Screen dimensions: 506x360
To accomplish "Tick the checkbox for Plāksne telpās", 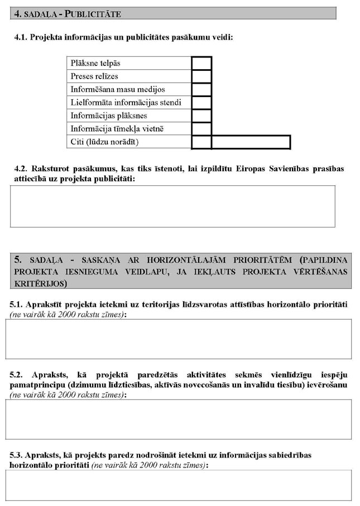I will pos(201,62).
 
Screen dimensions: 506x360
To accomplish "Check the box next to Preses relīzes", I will pos(201,76).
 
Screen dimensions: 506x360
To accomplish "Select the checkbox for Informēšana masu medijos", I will pos(201,89).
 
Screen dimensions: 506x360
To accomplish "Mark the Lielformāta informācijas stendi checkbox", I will pos(201,103).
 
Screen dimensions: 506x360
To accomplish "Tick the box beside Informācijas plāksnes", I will pos(201,115).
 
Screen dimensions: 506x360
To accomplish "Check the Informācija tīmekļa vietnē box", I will pos(201,129).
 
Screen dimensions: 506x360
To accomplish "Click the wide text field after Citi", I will pos(251,142).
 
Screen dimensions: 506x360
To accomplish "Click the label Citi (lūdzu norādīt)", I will pos(104,142).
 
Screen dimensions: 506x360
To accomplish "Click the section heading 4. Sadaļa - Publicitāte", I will pos(67,13).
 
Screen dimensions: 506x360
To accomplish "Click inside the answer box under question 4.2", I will pos(172,206).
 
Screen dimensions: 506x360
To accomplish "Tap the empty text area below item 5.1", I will pos(178,339).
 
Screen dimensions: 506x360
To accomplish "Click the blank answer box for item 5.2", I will pos(178,419).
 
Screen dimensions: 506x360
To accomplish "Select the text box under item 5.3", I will pos(178,486).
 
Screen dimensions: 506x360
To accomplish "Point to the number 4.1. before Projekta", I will pos(21,37).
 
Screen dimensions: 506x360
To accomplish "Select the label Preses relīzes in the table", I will pos(94,76).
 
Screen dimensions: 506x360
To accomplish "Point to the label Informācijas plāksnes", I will pos(101,115).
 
